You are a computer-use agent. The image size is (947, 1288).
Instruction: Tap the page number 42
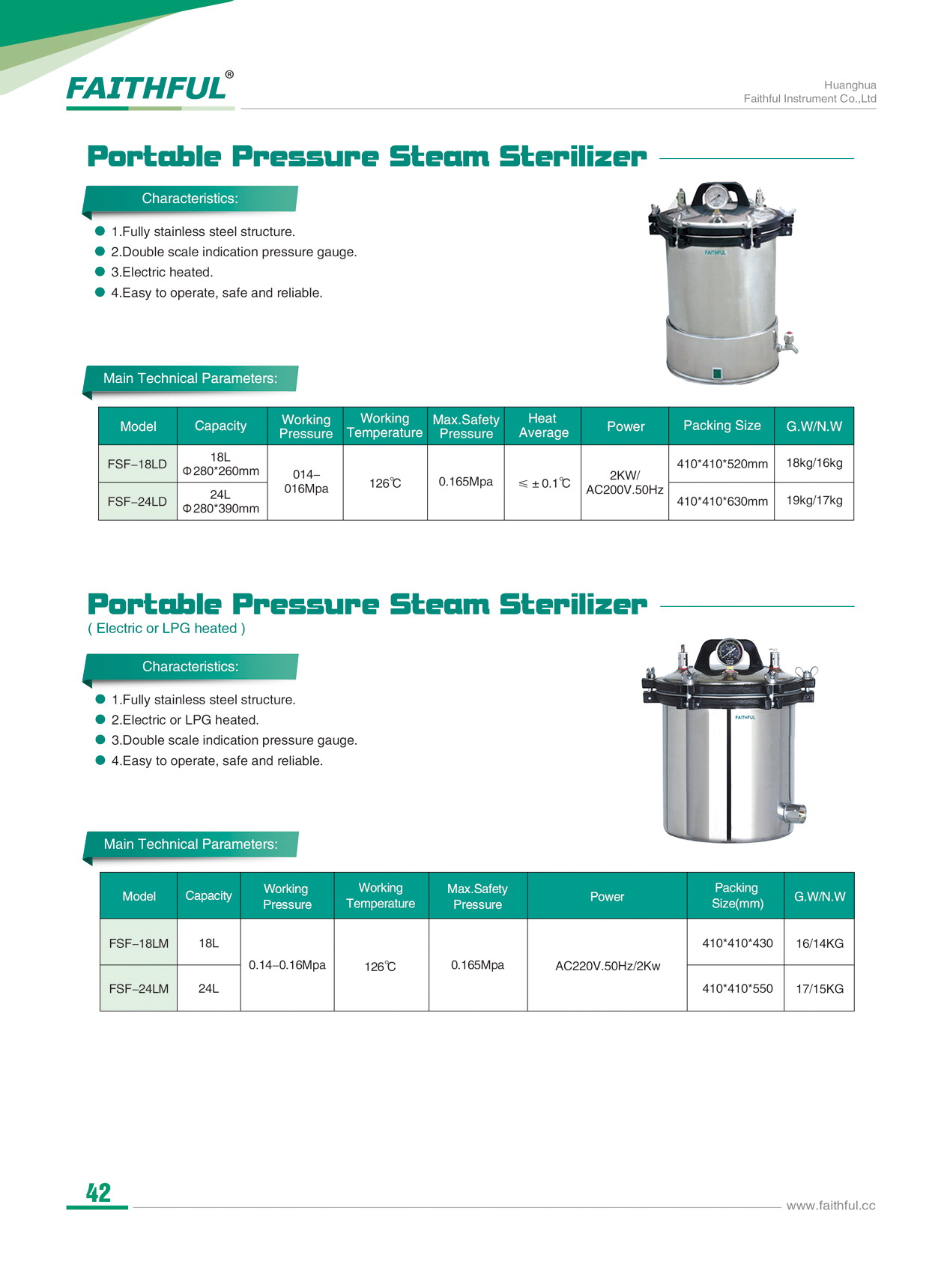pos(98,1192)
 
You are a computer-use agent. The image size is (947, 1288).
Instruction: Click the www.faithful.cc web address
pos(830,1206)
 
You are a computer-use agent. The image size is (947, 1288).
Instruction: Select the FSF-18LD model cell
pos(137,464)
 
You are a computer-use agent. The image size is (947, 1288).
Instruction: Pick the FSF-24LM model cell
pos(139,988)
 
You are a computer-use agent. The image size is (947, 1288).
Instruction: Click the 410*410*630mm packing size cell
pos(721,501)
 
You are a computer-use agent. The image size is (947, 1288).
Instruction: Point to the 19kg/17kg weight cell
pos(814,501)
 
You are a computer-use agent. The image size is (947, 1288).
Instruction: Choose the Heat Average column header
pos(543,426)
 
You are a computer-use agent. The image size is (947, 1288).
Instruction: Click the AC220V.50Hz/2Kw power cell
pos(607,966)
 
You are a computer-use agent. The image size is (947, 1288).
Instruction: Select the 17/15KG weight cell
pos(819,988)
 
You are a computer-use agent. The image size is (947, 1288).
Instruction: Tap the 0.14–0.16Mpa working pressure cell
pos(287,965)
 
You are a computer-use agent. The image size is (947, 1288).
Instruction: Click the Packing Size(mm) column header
pos(736,895)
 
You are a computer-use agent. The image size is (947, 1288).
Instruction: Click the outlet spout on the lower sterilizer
pos(793,812)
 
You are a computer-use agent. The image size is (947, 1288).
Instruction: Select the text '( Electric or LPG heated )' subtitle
pos(166,629)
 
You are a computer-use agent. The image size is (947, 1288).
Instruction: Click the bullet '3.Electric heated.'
pos(162,272)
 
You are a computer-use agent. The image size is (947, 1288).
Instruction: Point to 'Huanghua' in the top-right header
pos(850,85)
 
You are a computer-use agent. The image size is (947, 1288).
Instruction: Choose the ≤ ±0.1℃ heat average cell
pos(544,483)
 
